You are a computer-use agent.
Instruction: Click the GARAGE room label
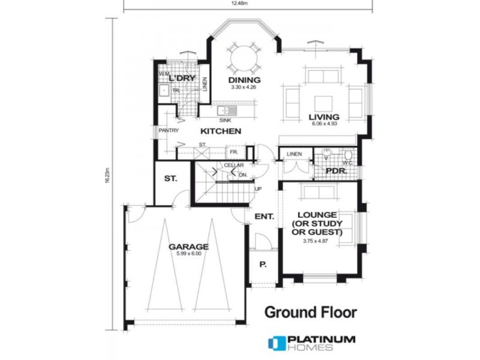pyautogui.click(x=188, y=247)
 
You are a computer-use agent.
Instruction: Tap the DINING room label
pyautogui.click(x=244, y=80)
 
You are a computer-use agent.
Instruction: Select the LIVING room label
pyautogui.click(x=324, y=117)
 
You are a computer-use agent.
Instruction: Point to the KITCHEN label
pyautogui.click(x=221, y=131)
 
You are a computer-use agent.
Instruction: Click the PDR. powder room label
pyautogui.click(x=334, y=170)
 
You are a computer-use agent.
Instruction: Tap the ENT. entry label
pyautogui.click(x=264, y=216)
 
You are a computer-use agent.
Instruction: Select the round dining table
pyautogui.click(x=244, y=58)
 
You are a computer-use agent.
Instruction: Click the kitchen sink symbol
pyautogui.click(x=226, y=111)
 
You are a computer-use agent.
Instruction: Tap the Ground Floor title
pyautogui.click(x=311, y=312)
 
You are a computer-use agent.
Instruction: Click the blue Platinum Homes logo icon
pyautogui.click(x=276, y=343)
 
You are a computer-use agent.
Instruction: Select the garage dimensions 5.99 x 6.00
pyautogui.click(x=188, y=254)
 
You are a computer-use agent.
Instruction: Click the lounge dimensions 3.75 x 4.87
pyautogui.click(x=316, y=241)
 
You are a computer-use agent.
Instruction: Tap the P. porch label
pyautogui.click(x=263, y=264)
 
